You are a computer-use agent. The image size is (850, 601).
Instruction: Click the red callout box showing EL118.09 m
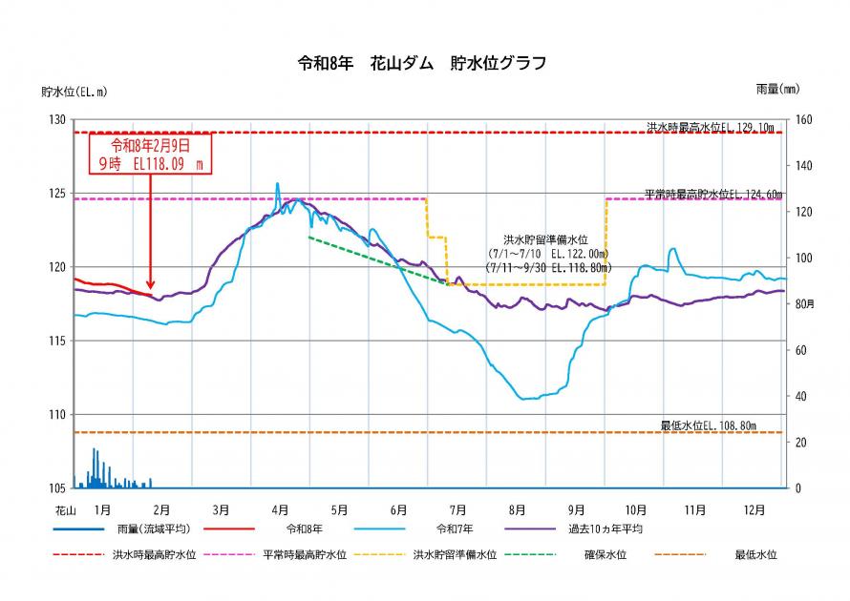pyautogui.click(x=150, y=153)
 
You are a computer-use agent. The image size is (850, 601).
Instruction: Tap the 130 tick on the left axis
pyautogui.click(x=56, y=119)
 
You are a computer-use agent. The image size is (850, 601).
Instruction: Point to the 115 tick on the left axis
pyautogui.click(x=56, y=341)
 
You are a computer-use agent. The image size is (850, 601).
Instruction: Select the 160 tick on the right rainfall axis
pyautogui.click(x=804, y=119)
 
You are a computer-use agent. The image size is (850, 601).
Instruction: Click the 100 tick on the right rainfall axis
pyautogui.click(x=804, y=259)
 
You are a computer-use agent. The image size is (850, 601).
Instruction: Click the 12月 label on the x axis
pyautogui.click(x=754, y=509)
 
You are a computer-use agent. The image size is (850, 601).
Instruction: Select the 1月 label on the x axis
pyautogui.click(x=103, y=509)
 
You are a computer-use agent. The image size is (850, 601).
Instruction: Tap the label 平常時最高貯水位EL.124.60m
pyautogui.click(x=712, y=194)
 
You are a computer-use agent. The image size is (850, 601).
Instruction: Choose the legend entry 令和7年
pyautogui.click(x=455, y=528)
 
